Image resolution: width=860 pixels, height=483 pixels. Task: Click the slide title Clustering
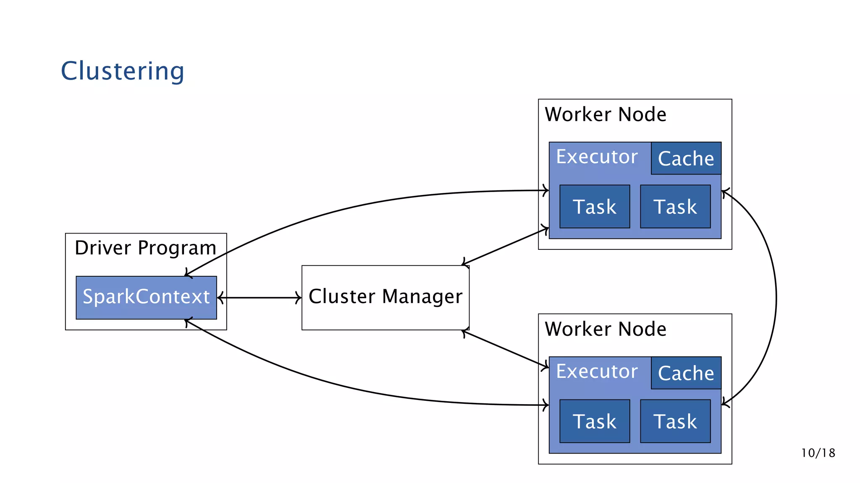click(x=122, y=71)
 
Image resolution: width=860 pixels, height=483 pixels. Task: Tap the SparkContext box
click(x=146, y=297)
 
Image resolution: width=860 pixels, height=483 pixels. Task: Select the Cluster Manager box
click(x=385, y=297)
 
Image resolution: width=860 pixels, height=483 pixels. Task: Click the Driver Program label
click(x=145, y=247)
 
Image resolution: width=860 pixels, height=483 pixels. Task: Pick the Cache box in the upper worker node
click(x=686, y=158)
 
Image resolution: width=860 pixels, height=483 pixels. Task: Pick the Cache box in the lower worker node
click(x=686, y=373)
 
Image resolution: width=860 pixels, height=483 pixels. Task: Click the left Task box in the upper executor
click(x=595, y=207)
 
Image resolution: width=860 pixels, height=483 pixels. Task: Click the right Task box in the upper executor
click(x=675, y=207)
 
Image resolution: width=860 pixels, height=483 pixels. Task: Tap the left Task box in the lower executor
click(x=595, y=421)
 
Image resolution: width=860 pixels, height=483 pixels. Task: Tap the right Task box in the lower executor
click(x=675, y=421)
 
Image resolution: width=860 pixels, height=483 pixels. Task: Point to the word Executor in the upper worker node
click(x=597, y=157)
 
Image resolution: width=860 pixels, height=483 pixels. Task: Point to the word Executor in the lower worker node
click(x=597, y=371)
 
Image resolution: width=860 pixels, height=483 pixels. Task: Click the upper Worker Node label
click(x=605, y=114)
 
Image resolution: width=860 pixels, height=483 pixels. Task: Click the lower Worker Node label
click(x=605, y=329)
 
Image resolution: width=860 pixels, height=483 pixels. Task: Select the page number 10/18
click(x=818, y=453)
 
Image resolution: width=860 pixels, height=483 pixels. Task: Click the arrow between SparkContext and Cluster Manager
click(x=260, y=298)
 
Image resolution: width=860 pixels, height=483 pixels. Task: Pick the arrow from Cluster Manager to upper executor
click(x=506, y=247)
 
